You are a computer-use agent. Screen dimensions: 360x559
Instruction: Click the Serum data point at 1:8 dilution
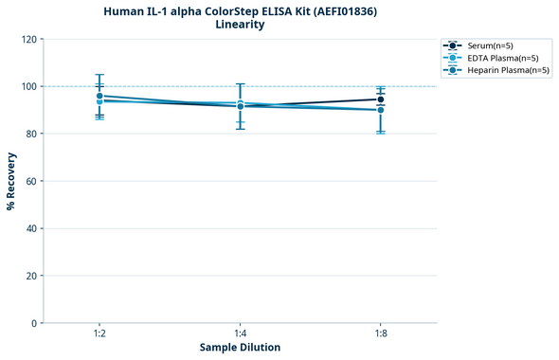381,99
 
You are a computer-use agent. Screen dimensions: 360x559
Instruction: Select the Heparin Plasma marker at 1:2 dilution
99,96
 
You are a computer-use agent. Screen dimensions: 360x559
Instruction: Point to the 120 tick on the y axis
30,39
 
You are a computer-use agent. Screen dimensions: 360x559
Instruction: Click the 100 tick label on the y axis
30,86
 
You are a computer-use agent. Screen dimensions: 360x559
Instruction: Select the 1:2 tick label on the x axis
99,333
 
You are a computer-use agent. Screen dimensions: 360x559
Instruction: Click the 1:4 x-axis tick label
240,333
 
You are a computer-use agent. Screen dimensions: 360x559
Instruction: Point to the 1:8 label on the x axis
381,333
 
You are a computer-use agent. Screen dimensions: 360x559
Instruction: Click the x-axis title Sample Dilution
240,348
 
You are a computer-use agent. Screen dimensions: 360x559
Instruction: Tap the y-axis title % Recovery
11,181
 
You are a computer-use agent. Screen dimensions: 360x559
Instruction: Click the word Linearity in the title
240,25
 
